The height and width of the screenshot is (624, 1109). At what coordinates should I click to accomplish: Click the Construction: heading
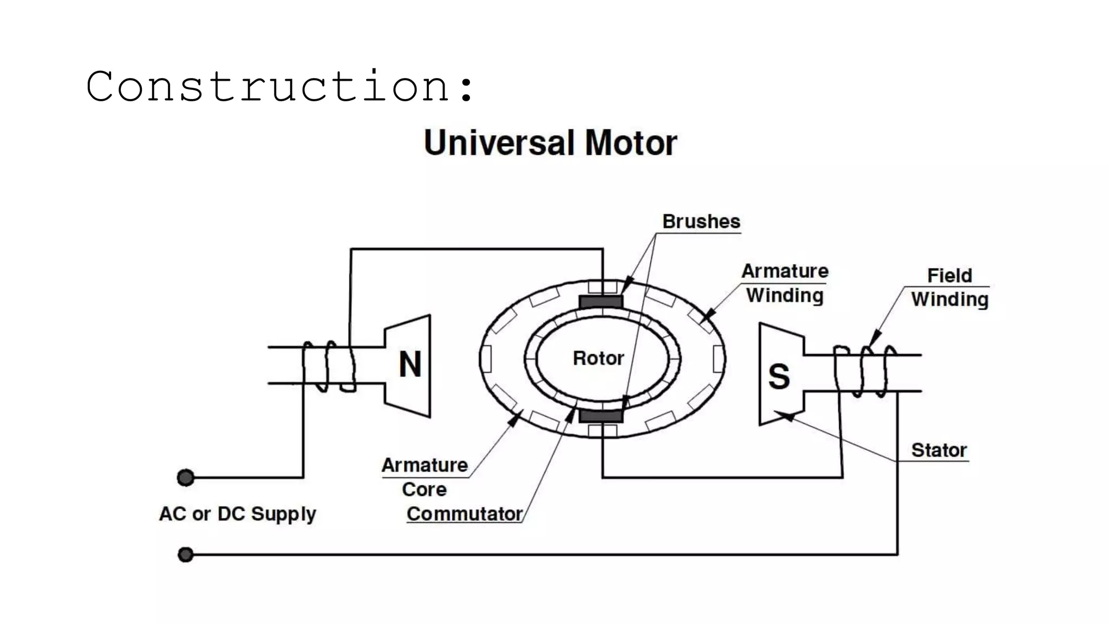coord(280,87)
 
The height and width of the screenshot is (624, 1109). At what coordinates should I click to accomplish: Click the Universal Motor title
coord(550,143)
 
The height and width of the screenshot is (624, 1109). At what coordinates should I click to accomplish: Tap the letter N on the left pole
coord(410,365)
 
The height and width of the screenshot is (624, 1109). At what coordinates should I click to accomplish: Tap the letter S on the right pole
coord(779,376)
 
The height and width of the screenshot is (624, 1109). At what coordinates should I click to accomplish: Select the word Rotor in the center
coord(598,358)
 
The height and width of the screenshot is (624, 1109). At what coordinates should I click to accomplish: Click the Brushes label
coord(701,222)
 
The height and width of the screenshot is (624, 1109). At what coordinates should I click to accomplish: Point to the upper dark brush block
coord(601,302)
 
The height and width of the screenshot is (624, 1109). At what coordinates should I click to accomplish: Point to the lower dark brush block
coord(601,416)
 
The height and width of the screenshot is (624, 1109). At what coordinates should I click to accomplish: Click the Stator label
coord(938,450)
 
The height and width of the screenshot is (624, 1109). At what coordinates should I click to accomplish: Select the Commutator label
coord(464,513)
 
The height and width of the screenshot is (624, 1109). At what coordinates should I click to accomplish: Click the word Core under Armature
coord(424,489)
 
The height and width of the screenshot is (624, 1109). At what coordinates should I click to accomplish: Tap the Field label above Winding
coord(949,275)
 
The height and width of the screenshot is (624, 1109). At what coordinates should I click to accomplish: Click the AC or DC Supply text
coord(237,513)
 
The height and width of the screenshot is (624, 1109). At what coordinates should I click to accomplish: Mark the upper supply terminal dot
coord(186,478)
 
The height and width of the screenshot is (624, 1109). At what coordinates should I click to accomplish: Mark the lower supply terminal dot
coord(186,555)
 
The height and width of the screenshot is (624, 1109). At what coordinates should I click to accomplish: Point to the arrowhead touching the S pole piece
coord(783,415)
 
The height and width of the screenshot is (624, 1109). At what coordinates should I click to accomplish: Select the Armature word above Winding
coord(785,271)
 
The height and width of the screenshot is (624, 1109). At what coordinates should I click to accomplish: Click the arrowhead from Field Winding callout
coord(873,340)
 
